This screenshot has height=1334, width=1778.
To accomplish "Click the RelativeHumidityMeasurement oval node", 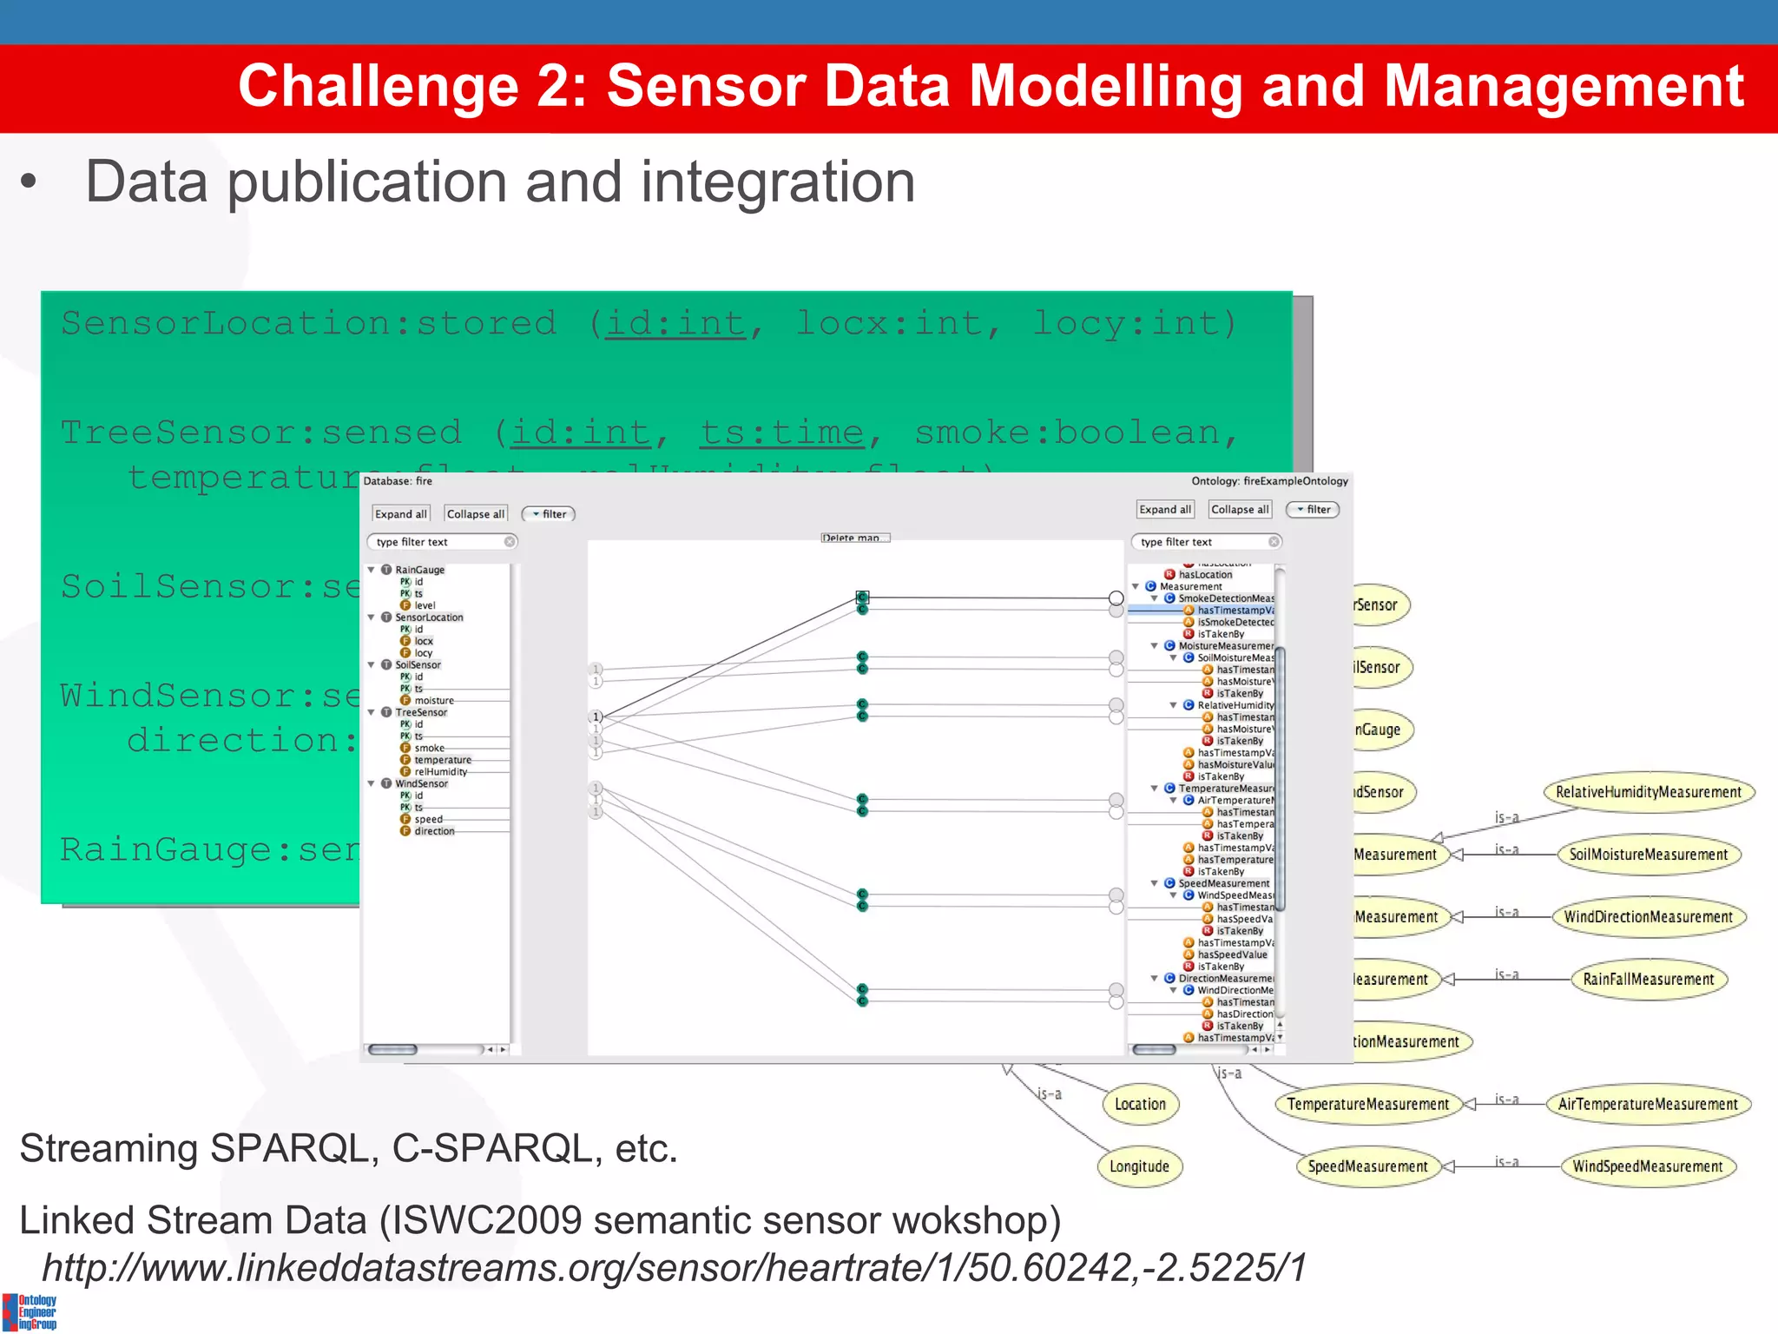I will [x=1648, y=792].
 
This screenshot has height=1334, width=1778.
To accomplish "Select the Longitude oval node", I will [x=1139, y=1166].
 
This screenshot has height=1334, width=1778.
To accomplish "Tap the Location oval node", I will [x=1140, y=1104].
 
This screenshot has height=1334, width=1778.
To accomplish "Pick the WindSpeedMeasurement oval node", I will [x=1647, y=1166].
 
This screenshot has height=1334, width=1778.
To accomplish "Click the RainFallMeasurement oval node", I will [x=1648, y=979].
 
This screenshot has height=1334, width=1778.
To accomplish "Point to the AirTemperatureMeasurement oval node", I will [x=1648, y=1104].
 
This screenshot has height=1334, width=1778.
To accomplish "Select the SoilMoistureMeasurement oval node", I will [x=1648, y=855].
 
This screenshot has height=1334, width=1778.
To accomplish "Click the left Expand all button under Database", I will [x=400, y=514].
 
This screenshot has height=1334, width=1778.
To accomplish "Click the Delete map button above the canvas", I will [x=854, y=538].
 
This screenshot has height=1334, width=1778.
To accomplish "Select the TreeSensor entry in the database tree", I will [x=421, y=712].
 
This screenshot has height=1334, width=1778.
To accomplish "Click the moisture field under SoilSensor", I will [x=434, y=701].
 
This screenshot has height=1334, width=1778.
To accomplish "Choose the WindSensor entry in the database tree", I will [x=421, y=783].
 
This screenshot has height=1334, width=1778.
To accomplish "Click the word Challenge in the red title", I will [x=378, y=87].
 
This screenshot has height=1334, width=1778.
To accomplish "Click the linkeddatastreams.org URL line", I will [x=674, y=1267].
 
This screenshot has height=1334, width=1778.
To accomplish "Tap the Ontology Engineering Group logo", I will [x=30, y=1311].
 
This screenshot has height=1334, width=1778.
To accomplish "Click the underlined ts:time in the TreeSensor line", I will [x=781, y=433].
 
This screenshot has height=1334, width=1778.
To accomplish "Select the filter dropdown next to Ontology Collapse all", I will [x=1313, y=510].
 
